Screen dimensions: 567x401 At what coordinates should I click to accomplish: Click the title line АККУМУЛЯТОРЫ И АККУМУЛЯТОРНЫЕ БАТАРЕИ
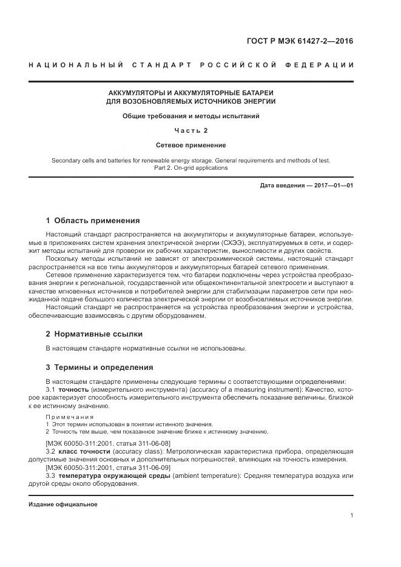click(190, 92)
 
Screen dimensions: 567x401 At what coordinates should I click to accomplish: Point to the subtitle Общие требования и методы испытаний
click(190, 116)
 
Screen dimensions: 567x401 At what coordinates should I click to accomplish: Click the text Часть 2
click(190, 130)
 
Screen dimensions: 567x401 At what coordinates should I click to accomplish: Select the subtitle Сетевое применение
click(190, 145)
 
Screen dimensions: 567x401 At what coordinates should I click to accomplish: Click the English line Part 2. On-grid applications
click(190, 167)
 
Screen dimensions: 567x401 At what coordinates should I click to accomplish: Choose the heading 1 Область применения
click(93, 220)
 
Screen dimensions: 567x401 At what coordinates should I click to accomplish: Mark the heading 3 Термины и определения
click(99, 367)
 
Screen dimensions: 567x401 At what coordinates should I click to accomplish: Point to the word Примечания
click(70, 417)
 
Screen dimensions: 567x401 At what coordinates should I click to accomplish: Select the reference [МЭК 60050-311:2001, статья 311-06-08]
click(108, 443)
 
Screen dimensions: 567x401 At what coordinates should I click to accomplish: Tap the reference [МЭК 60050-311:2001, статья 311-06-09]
click(108, 468)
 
